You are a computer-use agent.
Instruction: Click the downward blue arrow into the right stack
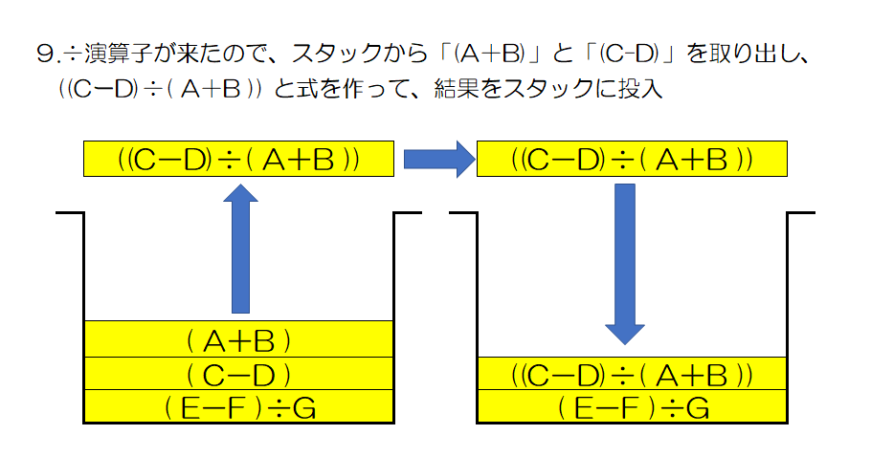coord(625,263)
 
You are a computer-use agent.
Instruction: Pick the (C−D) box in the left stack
coord(239,374)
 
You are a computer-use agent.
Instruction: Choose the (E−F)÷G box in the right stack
coord(632,409)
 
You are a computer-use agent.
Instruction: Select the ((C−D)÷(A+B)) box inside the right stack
coord(632,374)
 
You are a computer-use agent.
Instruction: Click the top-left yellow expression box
coord(239,160)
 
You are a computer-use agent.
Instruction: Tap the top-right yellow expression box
coord(632,160)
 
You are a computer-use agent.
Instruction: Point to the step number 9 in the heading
coord(43,54)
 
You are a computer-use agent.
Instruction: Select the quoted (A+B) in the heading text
coord(487,54)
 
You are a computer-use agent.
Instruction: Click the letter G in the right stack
coord(696,409)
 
